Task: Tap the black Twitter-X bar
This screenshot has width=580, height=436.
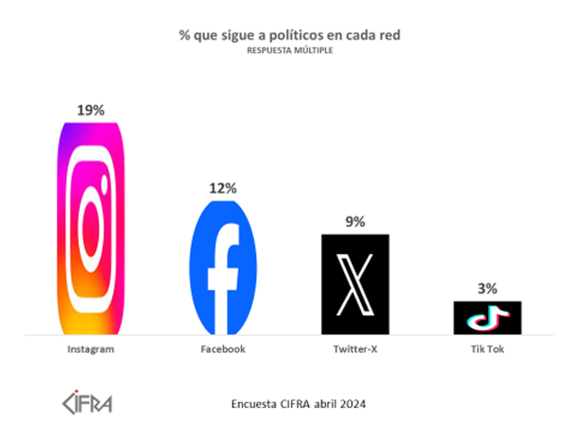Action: point(355,284)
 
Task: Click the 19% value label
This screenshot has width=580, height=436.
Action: point(90,110)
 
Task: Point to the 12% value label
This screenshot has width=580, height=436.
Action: point(223,188)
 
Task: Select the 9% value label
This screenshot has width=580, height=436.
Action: point(355,222)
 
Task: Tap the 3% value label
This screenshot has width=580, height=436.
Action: point(487,289)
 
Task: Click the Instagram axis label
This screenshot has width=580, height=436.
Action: point(91,349)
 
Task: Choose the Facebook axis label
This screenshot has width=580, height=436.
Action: point(223,349)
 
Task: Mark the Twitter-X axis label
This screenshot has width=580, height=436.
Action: point(355,349)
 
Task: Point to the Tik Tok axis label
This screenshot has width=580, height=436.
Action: point(487,349)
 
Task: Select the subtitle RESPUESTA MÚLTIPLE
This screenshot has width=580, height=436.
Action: point(289,51)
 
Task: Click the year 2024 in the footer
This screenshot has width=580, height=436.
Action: point(353,403)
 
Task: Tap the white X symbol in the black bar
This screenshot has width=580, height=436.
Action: point(355,284)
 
